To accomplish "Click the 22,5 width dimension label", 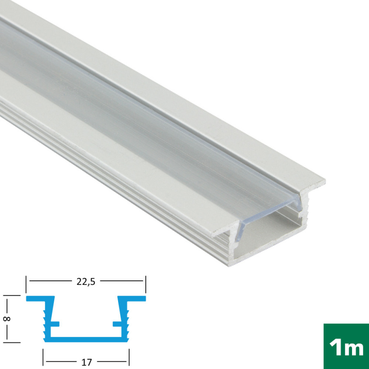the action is (x=86, y=281).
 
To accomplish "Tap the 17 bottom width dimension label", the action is (x=86, y=362).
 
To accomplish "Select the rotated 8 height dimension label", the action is (x=7, y=319).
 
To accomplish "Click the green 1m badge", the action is (x=346, y=346).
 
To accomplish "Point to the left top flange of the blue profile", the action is (x=40, y=299).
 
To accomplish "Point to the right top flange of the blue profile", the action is (x=132, y=299).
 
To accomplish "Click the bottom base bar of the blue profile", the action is (x=86, y=339).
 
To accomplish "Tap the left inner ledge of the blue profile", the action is (x=55, y=324).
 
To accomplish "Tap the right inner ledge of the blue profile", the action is (x=117, y=324).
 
